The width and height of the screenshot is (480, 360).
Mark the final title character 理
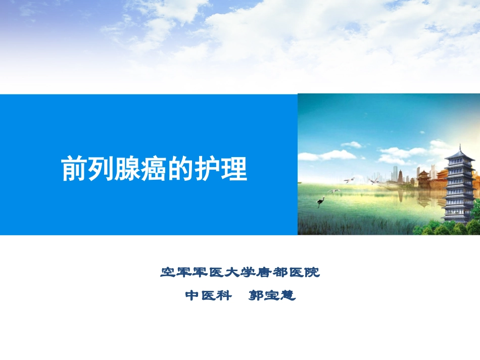point(235,168)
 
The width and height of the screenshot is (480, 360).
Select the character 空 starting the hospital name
point(168,273)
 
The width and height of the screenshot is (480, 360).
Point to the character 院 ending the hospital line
point(313,273)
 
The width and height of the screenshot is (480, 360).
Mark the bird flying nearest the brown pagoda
point(374,181)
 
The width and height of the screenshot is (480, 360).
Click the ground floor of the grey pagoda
point(458,216)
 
